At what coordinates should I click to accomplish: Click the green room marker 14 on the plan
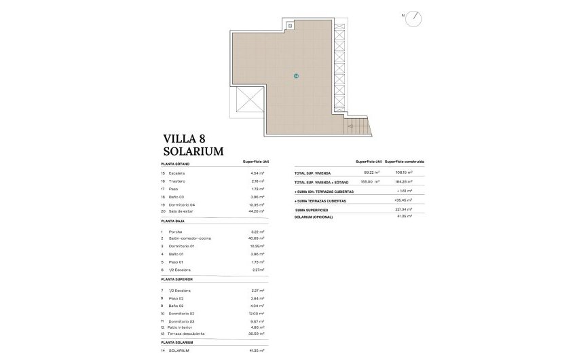point(296,75)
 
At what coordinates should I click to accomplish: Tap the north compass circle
point(413,20)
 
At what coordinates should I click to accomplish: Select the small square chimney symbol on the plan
point(291,26)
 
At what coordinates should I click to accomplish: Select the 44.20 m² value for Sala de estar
point(257,211)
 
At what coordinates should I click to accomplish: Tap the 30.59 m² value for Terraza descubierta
point(257,334)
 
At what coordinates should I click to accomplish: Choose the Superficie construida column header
point(405,162)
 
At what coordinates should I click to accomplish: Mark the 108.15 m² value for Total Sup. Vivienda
point(405,173)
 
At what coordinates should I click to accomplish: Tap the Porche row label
point(175,232)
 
